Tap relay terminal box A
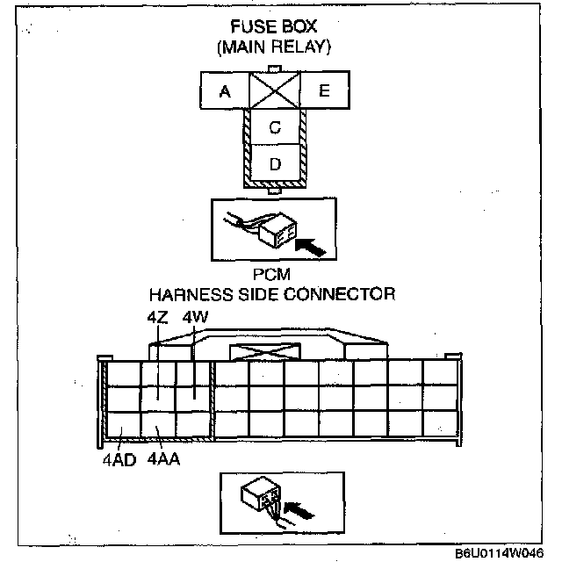coord(226,90)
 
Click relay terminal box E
coord(325,90)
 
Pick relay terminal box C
coord(275,127)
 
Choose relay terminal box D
coord(275,164)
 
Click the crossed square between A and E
coord(275,90)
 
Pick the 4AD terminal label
coord(118,459)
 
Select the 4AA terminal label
coord(164,459)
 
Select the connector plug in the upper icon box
coord(277,230)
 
